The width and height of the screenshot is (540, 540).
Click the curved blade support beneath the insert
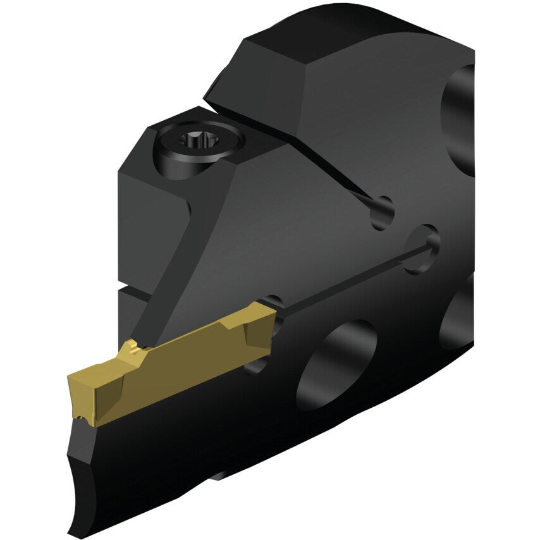click(89, 468)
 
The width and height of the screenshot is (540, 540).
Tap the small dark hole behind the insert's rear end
click(273, 299)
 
